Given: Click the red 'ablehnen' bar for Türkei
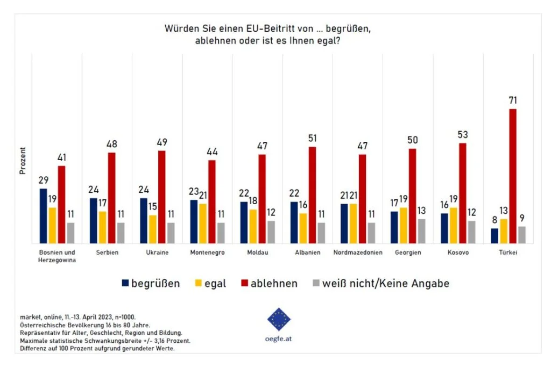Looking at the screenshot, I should (513, 176).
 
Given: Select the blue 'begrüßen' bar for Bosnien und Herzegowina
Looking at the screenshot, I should (43, 216).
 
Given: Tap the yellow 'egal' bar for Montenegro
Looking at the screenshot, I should (203, 224).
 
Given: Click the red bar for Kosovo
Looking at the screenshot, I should (463, 193).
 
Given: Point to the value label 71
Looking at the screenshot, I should (513, 100).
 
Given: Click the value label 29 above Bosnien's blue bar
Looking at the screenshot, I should (43, 180).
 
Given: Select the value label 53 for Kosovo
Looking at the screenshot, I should (463, 134).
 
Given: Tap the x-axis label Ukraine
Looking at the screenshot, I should (158, 253).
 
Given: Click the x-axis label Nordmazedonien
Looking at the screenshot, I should (358, 253).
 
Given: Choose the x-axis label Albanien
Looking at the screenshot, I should (308, 253).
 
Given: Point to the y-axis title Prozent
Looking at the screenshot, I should (23, 161).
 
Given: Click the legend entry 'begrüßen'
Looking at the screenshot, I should (156, 283).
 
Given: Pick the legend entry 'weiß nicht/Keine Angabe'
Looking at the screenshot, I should (385, 283).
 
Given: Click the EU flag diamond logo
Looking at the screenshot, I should (279, 319).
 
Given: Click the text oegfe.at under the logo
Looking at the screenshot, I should (279, 339).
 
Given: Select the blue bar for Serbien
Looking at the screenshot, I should (93, 221).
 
